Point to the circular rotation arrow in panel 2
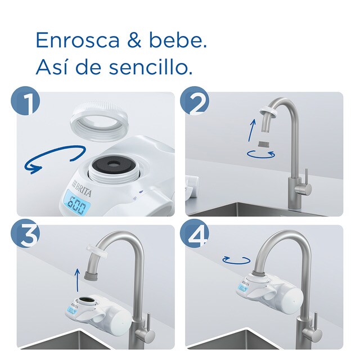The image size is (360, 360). [262, 154]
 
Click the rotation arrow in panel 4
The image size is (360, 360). [236, 259]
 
